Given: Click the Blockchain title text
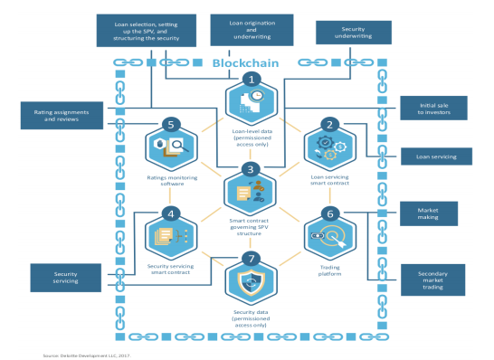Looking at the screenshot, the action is click(x=245, y=63).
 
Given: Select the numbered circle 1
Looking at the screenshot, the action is click(x=252, y=79).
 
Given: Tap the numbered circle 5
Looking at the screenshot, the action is click(x=171, y=125).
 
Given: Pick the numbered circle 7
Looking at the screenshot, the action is click(x=252, y=259).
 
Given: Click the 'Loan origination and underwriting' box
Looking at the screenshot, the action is click(x=252, y=30).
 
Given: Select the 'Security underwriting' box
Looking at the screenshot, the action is click(x=354, y=33).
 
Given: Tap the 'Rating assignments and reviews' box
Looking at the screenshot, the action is click(x=62, y=116).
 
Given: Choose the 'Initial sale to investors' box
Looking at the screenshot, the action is click(x=433, y=109).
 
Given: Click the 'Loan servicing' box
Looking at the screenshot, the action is click(x=436, y=156).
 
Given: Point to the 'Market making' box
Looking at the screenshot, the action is click(x=429, y=213).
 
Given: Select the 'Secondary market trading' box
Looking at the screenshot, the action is click(x=432, y=280).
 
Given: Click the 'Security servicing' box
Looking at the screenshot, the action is click(x=65, y=278).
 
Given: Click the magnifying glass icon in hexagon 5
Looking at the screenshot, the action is click(x=178, y=146).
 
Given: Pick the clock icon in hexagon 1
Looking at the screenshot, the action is click(x=257, y=96).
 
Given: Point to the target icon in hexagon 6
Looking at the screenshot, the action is click(x=333, y=236).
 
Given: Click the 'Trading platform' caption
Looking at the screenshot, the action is click(x=330, y=270).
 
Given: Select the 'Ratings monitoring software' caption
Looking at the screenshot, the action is click(x=172, y=181).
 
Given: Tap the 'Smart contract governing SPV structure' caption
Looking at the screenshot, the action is click(x=249, y=227).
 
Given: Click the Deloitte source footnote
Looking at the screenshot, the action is click(x=87, y=355).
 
